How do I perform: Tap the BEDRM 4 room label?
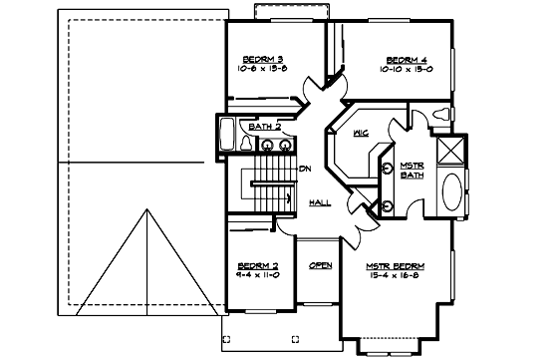pos(406,59)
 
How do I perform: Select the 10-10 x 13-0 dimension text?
pos(406,70)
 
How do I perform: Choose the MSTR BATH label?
pos(413,170)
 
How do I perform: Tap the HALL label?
pos(321,202)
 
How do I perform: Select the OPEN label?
pos(320,265)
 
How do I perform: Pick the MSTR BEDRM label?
pos(396,266)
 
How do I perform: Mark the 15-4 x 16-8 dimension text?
pos(396,276)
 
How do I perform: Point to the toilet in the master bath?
pos(441,115)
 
